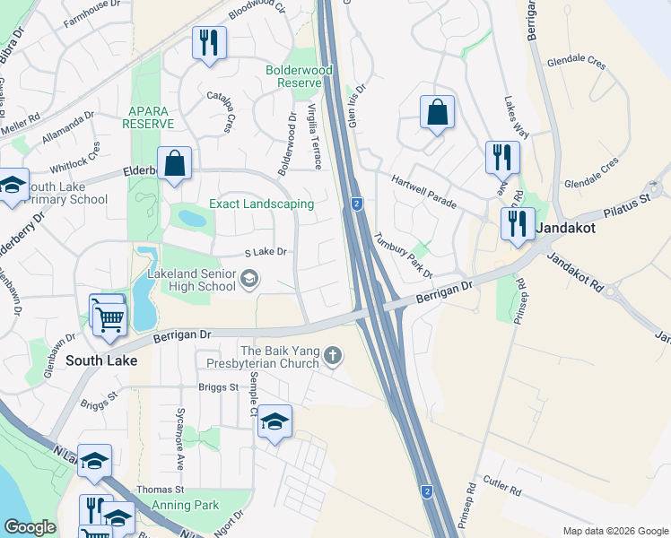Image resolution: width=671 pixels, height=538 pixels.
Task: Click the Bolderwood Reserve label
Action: point(300,76)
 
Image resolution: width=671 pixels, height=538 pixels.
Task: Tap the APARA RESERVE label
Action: point(149,117)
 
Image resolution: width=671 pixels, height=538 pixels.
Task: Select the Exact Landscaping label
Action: point(261,204)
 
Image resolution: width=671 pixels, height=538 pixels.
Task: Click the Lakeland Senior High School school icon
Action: point(248,281)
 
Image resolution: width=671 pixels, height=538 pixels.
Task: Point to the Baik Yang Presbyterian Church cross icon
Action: point(333,356)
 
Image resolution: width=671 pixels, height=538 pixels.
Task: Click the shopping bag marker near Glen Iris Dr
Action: point(437,114)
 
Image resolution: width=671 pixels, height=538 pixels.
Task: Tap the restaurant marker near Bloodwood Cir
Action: point(209,43)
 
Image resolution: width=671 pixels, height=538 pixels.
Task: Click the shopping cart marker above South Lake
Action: point(109,317)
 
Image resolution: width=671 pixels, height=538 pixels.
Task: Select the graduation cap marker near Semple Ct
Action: point(275,421)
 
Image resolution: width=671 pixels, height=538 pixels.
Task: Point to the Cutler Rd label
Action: point(503,491)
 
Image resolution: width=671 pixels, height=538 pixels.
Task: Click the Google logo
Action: point(30,527)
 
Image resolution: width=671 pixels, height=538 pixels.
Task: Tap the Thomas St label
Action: point(160,490)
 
